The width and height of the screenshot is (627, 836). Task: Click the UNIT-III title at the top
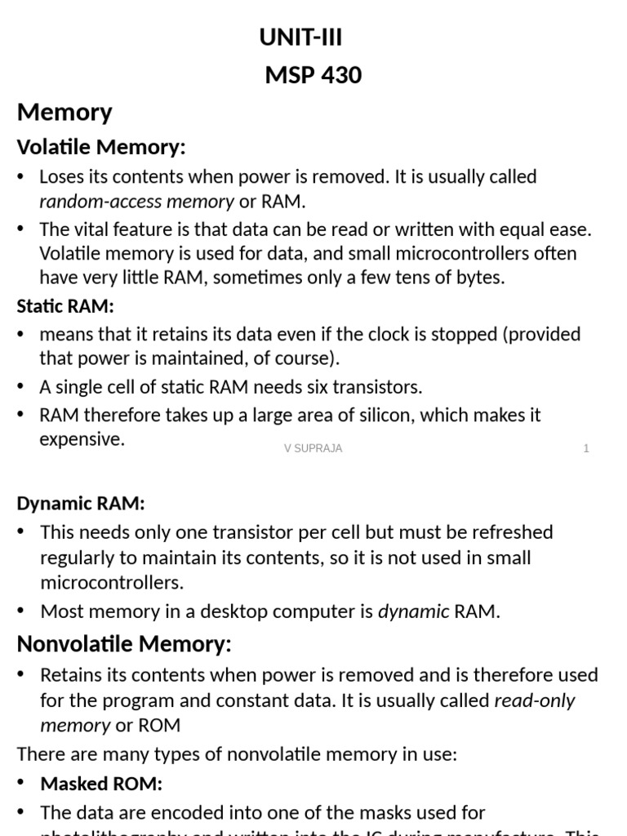(300, 38)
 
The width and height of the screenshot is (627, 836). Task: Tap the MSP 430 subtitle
(313, 76)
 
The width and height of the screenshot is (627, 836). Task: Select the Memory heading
(64, 112)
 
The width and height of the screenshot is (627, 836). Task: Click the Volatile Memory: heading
(101, 147)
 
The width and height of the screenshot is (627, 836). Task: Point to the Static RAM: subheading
(65, 306)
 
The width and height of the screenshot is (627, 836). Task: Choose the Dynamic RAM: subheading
(81, 504)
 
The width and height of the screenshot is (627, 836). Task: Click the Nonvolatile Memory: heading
(124, 644)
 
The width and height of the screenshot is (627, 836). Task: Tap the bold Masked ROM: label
(101, 784)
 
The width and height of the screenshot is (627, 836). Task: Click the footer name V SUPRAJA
(313, 448)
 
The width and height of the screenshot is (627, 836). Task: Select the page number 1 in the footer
(586, 448)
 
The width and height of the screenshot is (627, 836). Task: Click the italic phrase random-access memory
(136, 201)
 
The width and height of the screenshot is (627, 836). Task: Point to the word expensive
(81, 439)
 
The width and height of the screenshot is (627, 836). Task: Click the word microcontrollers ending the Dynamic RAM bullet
(111, 583)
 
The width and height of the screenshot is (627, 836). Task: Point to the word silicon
(394, 415)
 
